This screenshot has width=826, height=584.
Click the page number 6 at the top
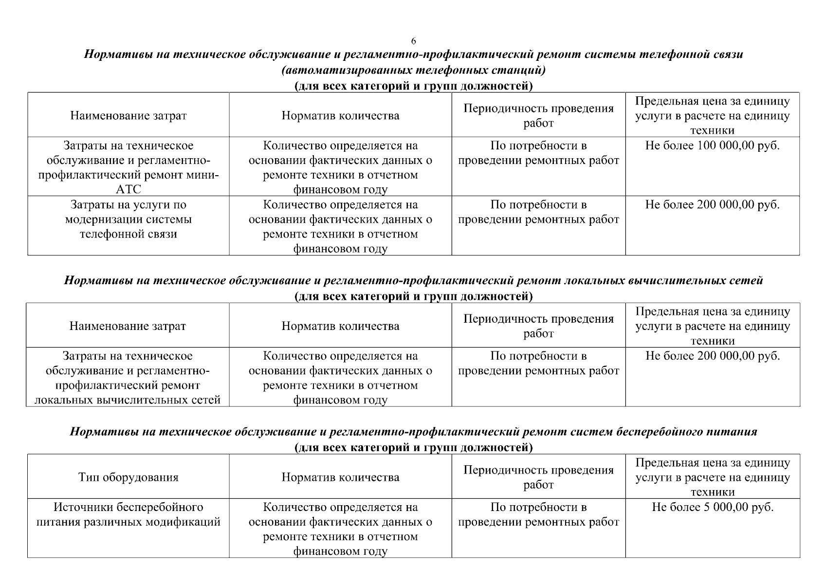pos(413,40)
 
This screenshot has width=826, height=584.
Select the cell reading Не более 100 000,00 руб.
pos(712,146)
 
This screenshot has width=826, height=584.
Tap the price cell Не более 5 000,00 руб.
pos(712,507)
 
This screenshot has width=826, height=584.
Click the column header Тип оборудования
pos(128,477)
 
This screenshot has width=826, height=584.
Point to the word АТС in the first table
pos(128,189)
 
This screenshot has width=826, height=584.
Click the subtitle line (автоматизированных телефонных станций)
pos(413,70)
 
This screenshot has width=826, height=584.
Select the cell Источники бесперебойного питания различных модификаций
pos(128,515)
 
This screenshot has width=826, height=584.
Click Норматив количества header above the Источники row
pos(340,477)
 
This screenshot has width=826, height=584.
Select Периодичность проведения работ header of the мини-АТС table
pos(538,116)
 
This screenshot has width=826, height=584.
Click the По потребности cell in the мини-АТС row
pos(538,153)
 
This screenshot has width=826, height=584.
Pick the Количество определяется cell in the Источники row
pos(340,529)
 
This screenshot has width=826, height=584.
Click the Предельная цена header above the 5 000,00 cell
pos(712,477)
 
